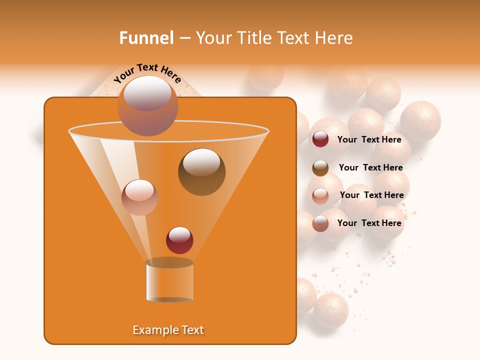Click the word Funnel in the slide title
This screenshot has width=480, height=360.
coord(146,38)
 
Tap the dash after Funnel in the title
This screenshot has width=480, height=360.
coord(184,38)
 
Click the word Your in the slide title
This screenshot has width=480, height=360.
coord(212,38)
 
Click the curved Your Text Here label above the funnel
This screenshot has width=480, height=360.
coord(147,72)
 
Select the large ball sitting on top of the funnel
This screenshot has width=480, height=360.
coord(147,106)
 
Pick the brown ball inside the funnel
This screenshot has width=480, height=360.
coord(201,172)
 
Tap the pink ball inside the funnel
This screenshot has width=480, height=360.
coord(139,197)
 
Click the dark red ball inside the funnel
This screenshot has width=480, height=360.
coord(179,240)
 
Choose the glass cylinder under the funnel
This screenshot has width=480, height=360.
coord(169,281)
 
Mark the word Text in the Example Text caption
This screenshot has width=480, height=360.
coord(192,330)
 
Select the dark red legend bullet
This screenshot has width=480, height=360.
coord(320,139)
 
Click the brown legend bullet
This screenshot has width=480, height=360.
coord(320,168)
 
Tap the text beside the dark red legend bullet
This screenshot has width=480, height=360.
coord(369,139)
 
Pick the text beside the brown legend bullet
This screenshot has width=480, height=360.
coord(370,167)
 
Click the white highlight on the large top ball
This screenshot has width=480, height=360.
coord(147,92)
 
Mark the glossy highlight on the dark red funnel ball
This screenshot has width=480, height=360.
coord(179,234)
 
